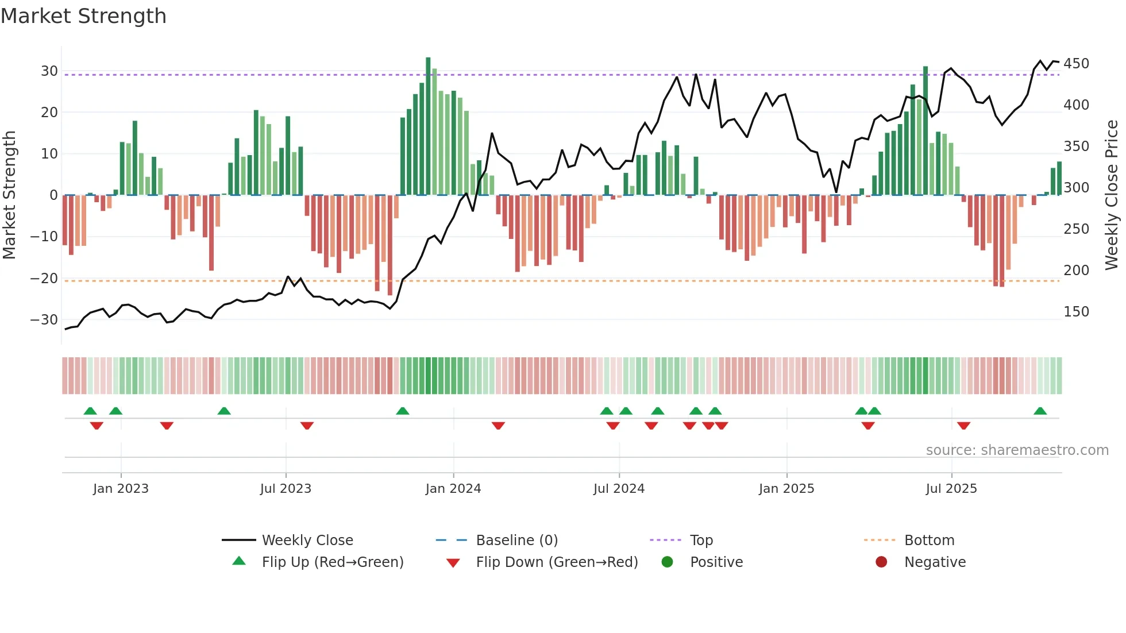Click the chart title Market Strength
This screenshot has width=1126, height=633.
[83, 16]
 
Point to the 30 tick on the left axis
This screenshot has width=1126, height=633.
[49, 71]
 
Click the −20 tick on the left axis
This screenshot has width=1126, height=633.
[44, 279]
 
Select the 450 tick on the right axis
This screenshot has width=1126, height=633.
[1076, 64]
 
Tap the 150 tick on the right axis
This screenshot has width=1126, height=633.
[1076, 312]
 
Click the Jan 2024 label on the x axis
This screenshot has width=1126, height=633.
[453, 489]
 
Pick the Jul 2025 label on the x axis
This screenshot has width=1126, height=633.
[951, 489]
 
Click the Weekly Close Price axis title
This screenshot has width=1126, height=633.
[1112, 195]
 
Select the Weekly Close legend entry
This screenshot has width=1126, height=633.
[307, 541]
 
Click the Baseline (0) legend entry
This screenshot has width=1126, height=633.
[516, 541]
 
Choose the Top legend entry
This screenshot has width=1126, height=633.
[701, 541]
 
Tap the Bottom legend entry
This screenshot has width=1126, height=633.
[929, 541]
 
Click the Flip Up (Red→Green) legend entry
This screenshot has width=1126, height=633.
[332, 562]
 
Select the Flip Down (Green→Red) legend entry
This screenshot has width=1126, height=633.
[556, 562]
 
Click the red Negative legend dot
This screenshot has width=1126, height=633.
[881, 562]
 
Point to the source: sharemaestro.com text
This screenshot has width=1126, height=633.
[1017, 450]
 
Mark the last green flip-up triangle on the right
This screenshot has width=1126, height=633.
[1040, 411]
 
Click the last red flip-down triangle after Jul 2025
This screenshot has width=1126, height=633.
[963, 426]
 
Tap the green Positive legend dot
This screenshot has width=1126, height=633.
[667, 562]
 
